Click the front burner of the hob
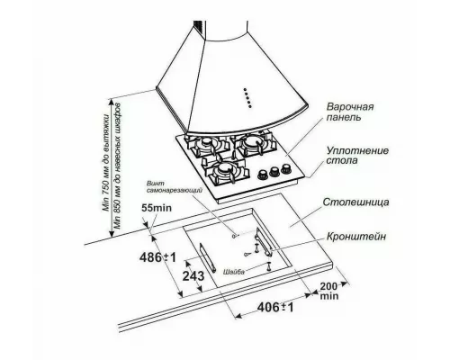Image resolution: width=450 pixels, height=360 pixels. click(225, 168)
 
